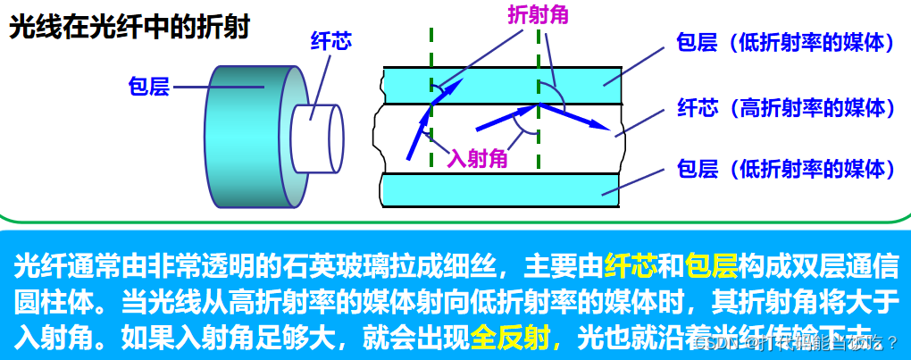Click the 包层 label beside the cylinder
point(148,88)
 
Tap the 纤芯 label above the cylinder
point(330,42)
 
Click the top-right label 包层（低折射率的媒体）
point(786,43)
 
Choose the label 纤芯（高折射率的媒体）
point(786,108)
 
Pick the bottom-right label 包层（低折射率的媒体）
point(786,167)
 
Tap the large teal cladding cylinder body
point(241,134)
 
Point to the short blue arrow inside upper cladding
point(451,88)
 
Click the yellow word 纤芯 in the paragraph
point(631,265)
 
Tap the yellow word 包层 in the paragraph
point(712,265)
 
